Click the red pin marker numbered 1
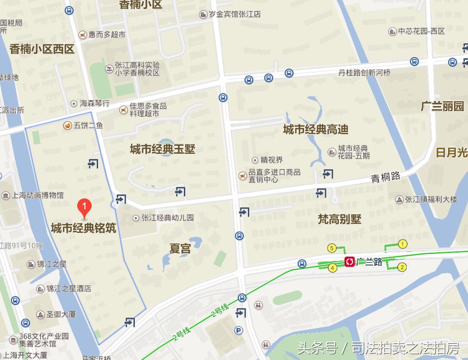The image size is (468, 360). pos(84,207)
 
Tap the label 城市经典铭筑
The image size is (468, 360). pos(84,228)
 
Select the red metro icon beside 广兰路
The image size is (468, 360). pos(350,262)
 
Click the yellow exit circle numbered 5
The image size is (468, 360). pos(332,248)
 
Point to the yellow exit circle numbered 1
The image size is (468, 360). pos(402,244)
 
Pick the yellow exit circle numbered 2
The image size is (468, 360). pos(402,267)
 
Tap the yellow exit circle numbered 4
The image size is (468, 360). pos(333,268)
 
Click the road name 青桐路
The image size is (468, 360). pos(385,177)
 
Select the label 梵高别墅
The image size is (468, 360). pos(340,219)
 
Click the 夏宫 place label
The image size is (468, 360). pos(180,249)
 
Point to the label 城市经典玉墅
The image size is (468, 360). pos(163,149)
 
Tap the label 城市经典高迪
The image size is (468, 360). pos(315,129)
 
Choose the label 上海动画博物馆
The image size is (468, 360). pos(38,196)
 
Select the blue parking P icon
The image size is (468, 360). pos(238,331)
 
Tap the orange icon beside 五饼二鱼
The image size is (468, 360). pos(67,125)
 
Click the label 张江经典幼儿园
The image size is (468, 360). pos(167,218)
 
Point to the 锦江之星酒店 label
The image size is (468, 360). pos(69,288)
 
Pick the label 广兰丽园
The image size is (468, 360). pos(443,106)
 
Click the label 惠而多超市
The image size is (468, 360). pos(107,34)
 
